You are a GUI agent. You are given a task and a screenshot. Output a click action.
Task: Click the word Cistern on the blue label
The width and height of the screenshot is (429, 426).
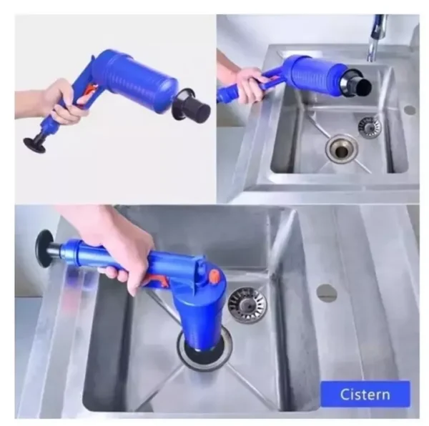tap(365, 394)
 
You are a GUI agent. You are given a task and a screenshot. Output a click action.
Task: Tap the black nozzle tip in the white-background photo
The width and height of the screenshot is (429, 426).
tap(195, 110)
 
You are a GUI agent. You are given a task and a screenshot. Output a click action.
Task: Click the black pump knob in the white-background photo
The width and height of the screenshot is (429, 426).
tap(34, 144)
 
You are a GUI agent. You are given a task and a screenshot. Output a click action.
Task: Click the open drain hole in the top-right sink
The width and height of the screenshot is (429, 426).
tap(340, 149)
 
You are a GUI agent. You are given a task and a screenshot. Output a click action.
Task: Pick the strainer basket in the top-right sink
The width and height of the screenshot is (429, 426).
tap(369, 127)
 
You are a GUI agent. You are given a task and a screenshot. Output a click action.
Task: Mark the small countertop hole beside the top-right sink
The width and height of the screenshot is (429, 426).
tap(409, 111)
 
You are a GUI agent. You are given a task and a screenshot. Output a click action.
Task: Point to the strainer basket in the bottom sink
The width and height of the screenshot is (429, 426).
tap(247, 304)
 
